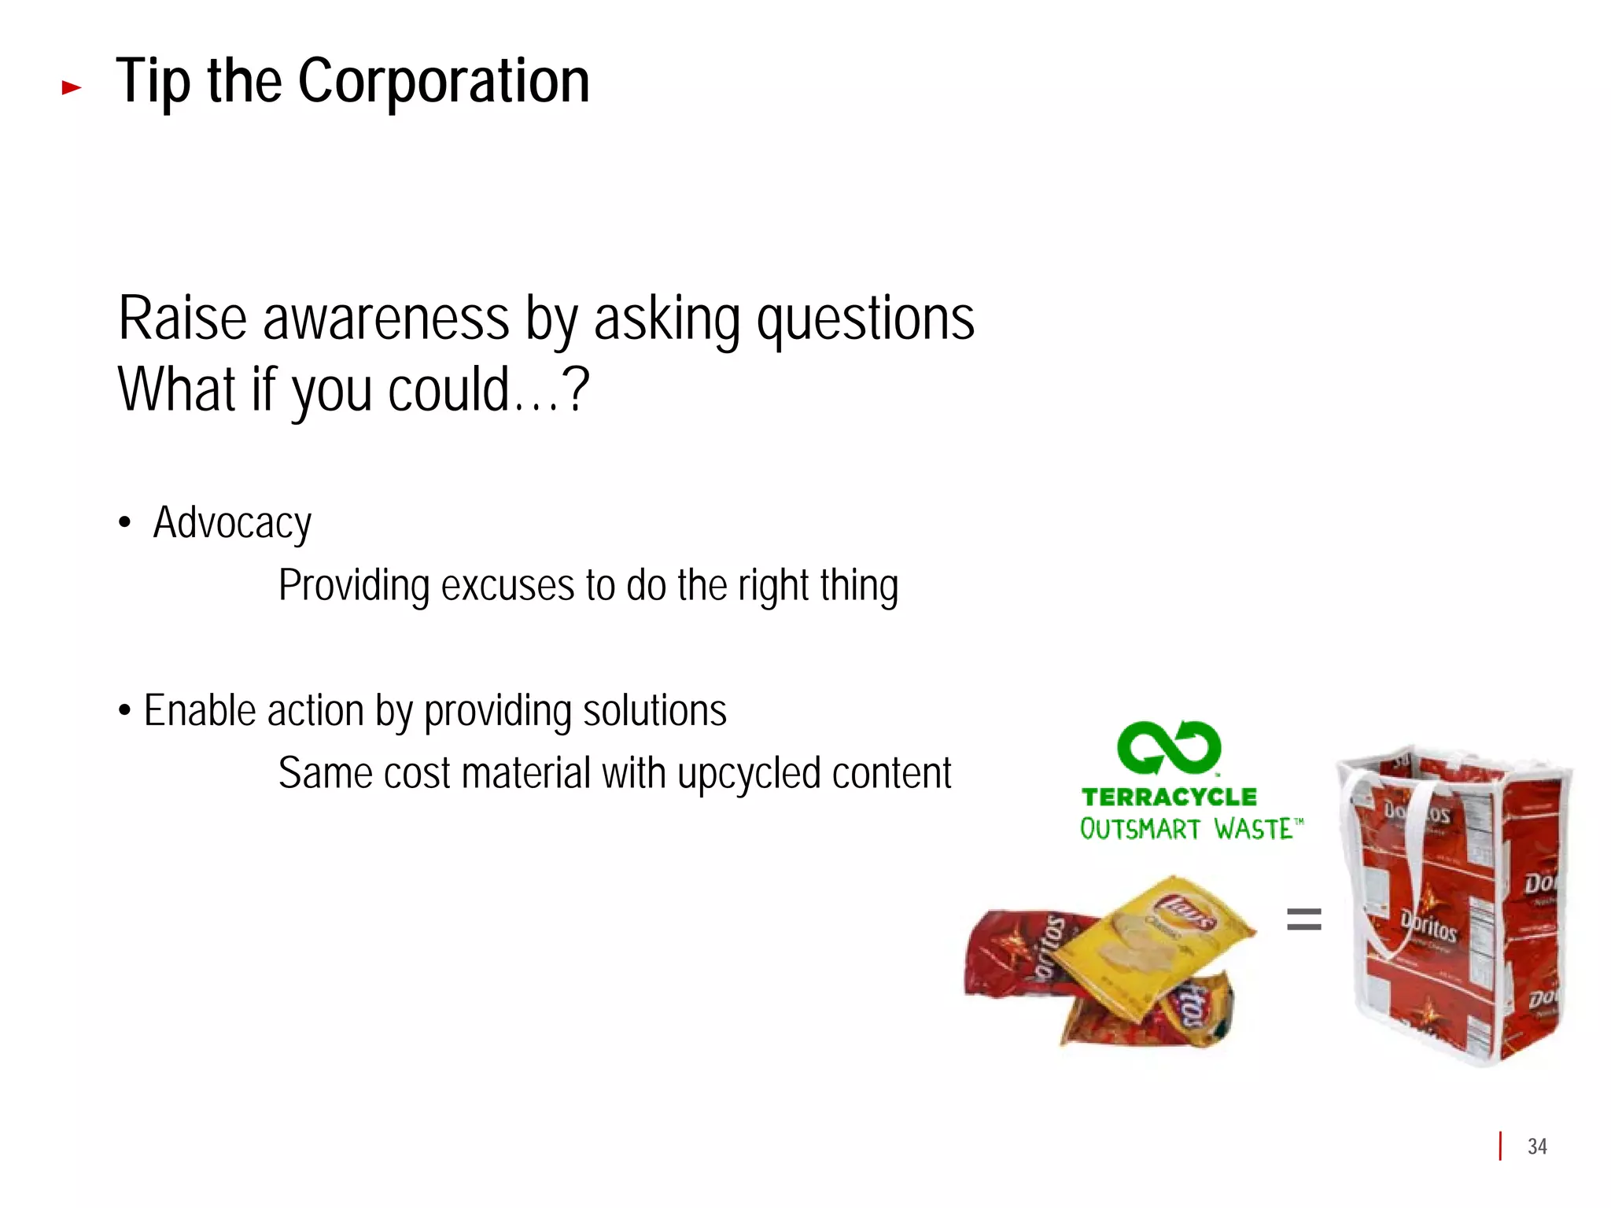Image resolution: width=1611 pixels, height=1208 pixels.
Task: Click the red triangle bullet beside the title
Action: [72, 87]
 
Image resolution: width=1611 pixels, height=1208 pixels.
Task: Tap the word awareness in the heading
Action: [385, 319]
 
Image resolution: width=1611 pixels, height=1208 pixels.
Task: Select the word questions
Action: [864, 319]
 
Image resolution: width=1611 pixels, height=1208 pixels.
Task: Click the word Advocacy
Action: [232, 524]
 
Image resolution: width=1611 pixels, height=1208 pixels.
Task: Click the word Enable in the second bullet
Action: [200, 711]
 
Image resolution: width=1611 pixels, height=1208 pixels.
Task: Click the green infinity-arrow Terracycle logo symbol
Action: [1169, 747]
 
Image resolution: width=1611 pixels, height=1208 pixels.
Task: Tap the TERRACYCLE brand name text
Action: [1169, 797]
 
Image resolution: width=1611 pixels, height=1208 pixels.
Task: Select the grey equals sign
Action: [1303, 919]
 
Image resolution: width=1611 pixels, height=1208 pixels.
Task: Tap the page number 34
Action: [1537, 1147]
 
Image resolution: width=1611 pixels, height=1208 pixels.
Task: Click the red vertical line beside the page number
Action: [1501, 1146]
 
